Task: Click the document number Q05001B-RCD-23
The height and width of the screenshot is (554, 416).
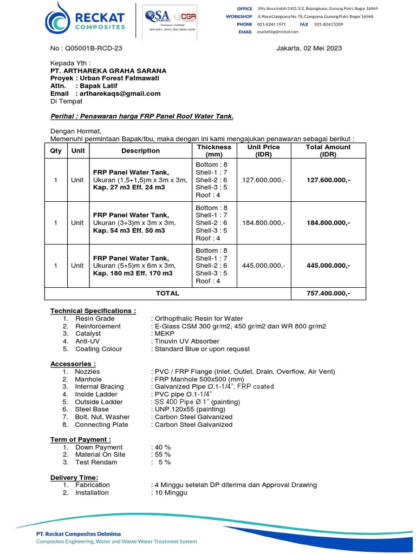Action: click(x=86, y=48)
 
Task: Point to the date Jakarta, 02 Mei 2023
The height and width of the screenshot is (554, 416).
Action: click(x=309, y=48)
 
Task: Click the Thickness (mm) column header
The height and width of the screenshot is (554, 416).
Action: click(x=214, y=150)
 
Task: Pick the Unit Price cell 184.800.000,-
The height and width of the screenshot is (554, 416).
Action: click(x=263, y=222)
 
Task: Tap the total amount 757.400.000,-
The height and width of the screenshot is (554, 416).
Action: click(x=328, y=293)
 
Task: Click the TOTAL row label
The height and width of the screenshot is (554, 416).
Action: click(x=167, y=293)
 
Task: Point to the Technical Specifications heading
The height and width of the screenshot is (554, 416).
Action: click(x=93, y=311)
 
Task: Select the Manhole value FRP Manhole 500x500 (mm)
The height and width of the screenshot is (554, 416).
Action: click(x=198, y=379)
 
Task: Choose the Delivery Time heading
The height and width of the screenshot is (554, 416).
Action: click(x=74, y=477)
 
